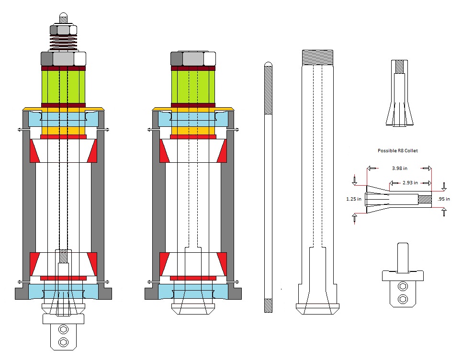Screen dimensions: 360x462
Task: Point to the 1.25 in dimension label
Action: pyautogui.click(x=354, y=199)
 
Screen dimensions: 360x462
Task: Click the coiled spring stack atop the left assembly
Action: pyautogui.click(x=63, y=43)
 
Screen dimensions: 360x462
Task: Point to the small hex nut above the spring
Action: pyautogui.click(x=63, y=30)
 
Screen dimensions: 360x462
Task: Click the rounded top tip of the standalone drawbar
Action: pyautogui.click(x=269, y=63)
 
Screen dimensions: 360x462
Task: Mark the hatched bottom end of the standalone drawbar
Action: pyautogui.click(x=269, y=305)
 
